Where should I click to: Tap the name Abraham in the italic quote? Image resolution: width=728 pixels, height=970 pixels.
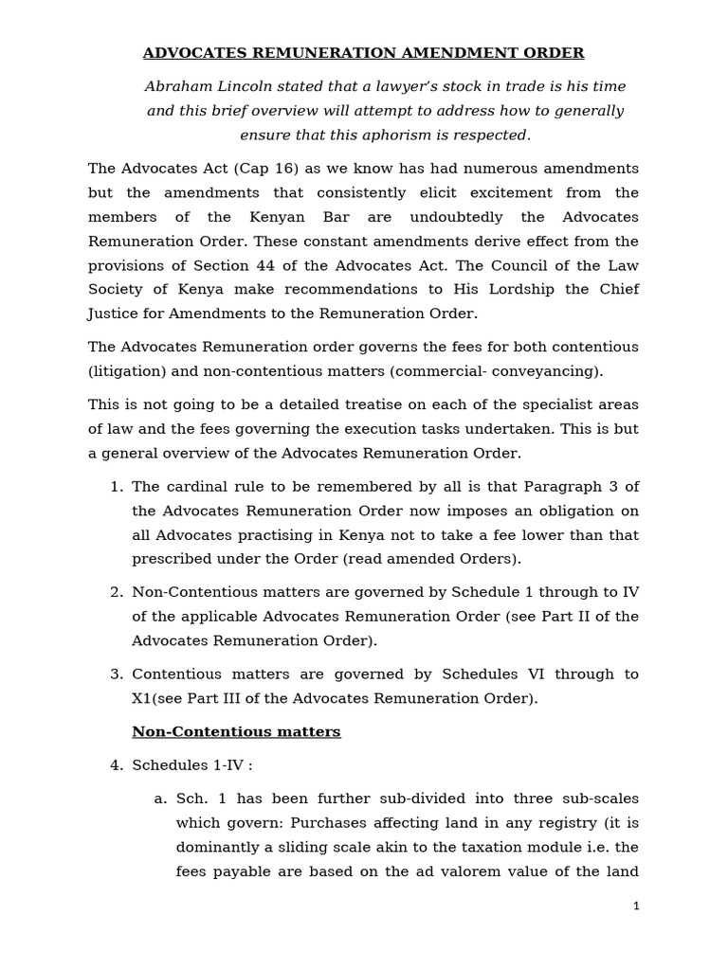[179, 86]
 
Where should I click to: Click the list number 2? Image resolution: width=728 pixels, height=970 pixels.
[117, 592]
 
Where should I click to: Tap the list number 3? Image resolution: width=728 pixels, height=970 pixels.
[117, 674]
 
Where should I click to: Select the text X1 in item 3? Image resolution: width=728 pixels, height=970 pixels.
[142, 699]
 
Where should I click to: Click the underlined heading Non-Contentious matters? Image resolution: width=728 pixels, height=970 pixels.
[236, 732]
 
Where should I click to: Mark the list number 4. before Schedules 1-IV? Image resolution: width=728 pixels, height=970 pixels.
[117, 765]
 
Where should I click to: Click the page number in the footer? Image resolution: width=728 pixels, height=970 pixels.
[636, 907]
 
